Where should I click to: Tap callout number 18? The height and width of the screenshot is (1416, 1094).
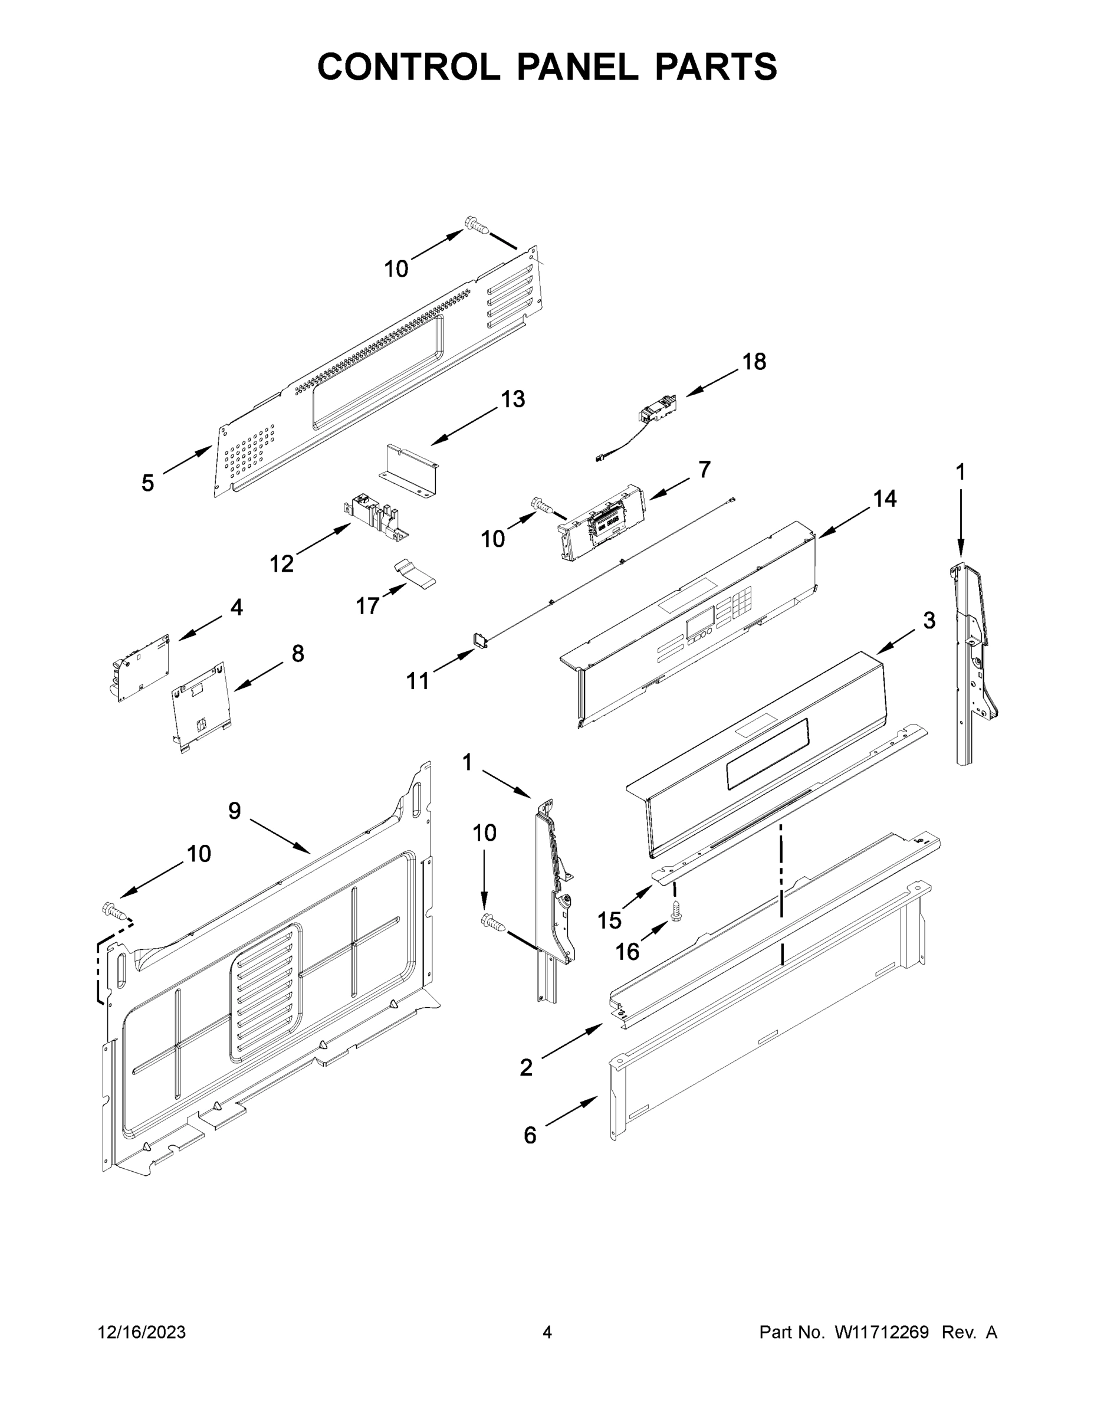[x=754, y=362]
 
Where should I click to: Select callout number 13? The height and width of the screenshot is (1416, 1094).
[x=512, y=399]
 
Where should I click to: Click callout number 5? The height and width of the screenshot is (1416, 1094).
[x=148, y=483]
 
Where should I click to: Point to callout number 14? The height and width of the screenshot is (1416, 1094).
[x=884, y=499]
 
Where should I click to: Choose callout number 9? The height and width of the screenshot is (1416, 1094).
[x=235, y=811]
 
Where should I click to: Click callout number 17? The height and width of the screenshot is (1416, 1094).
[x=367, y=605]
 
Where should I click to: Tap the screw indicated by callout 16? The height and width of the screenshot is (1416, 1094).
[x=676, y=910]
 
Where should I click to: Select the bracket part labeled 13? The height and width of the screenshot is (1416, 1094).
[x=408, y=468]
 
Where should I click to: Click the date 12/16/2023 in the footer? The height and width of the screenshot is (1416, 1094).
[x=142, y=1332]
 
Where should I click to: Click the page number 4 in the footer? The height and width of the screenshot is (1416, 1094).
[x=547, y=1332]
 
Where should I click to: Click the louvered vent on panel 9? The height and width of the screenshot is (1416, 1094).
[x=266, y=992]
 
